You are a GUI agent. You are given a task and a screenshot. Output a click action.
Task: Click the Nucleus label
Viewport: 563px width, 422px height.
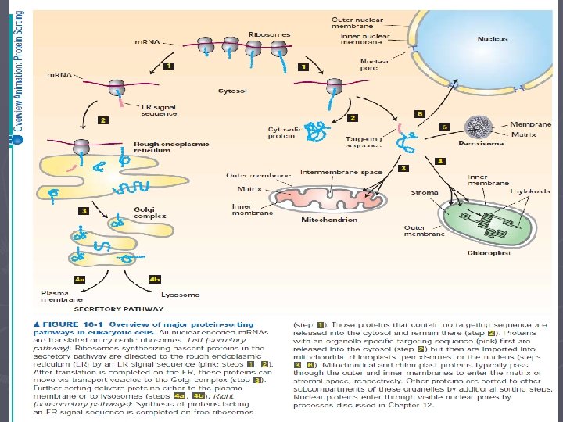tap(493, 38)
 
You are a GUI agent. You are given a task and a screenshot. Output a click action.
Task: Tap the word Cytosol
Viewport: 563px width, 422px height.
tap(206, 91)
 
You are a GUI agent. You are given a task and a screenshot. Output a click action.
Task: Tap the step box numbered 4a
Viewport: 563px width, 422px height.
tap(80, 278)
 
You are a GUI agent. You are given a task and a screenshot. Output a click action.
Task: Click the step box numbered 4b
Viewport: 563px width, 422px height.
tap(154, 278)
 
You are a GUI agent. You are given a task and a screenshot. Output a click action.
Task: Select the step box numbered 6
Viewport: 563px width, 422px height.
tap(420, 113)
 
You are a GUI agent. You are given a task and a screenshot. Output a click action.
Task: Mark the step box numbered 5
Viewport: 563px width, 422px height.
tap(445, 127)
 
